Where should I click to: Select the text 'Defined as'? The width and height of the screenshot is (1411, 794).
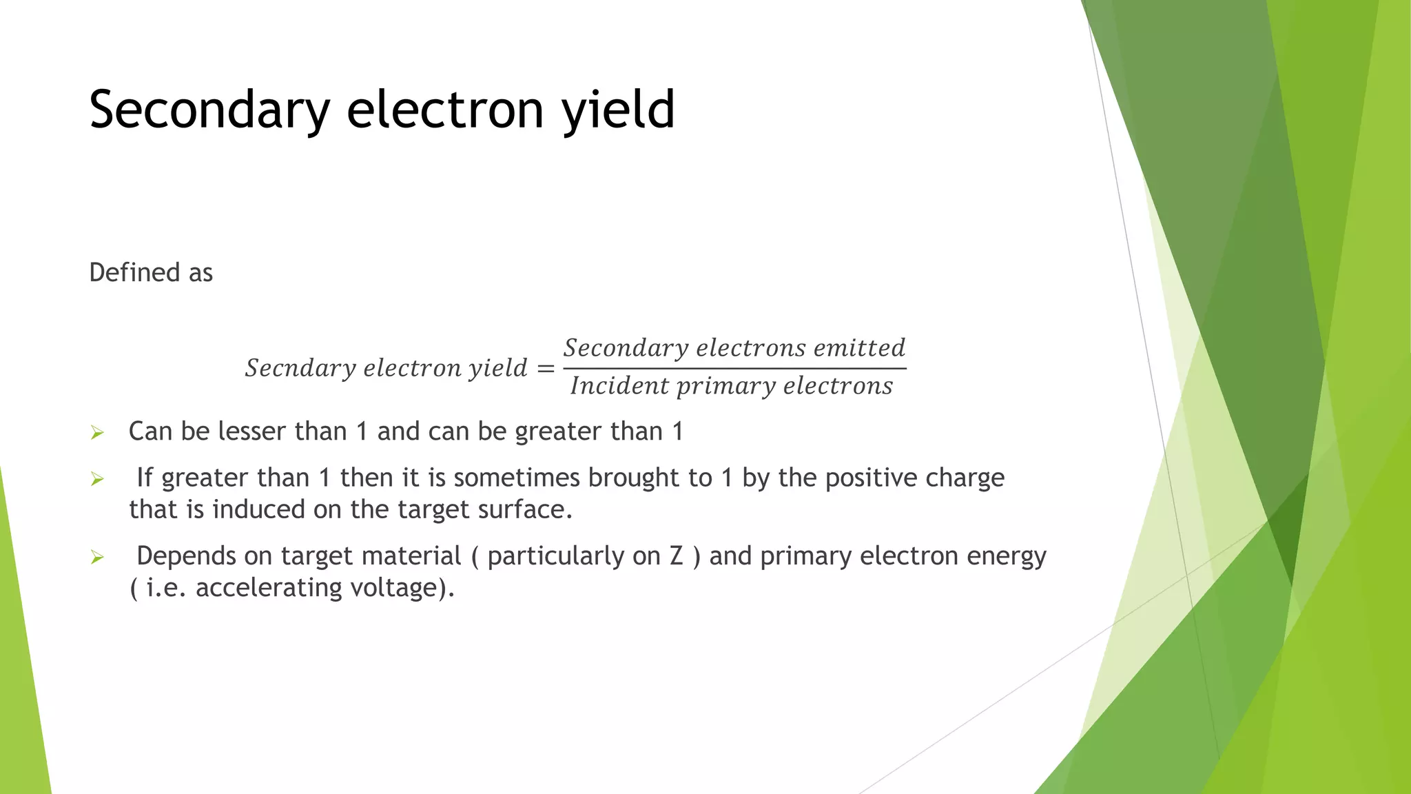pos(151,273)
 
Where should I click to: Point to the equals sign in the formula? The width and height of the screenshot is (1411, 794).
pos(546,369)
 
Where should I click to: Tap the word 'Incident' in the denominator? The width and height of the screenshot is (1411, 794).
pos(619,386)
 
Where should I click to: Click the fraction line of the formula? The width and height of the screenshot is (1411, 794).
pos(734,368)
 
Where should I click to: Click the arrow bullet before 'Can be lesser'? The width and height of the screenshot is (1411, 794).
pos(97,433)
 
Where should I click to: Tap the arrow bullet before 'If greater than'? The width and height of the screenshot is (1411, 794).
pos(97,479)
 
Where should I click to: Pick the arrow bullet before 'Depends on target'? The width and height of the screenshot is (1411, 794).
pos(97,557)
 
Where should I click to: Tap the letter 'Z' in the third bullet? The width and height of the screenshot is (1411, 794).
pos(676,556)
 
